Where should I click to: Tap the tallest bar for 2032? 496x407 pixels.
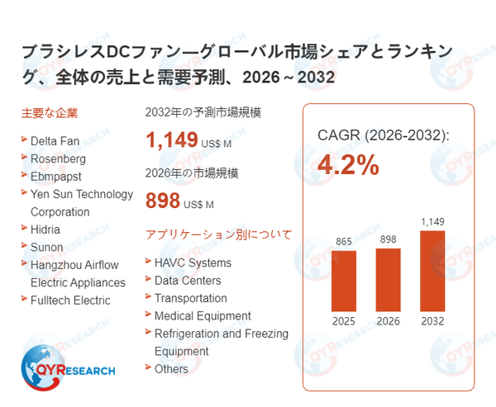[432, 270]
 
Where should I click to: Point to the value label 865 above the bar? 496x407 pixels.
[344, 241]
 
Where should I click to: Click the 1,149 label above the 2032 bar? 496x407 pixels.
[432, 221]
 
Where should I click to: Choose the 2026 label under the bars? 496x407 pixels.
[388, 321]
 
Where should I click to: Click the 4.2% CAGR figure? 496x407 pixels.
[348, 165]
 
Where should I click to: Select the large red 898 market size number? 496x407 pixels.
[163, 201]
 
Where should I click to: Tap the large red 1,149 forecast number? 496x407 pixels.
[172, 140]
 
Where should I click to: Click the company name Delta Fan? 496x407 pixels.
[55, 140]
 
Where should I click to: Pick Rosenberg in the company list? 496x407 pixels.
[58, 159]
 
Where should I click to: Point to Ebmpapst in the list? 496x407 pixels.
[57, 176]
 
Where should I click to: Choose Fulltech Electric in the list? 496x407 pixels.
[70, 301]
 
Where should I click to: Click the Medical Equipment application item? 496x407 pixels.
[203, 316]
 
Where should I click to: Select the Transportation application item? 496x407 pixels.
[190, 298]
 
